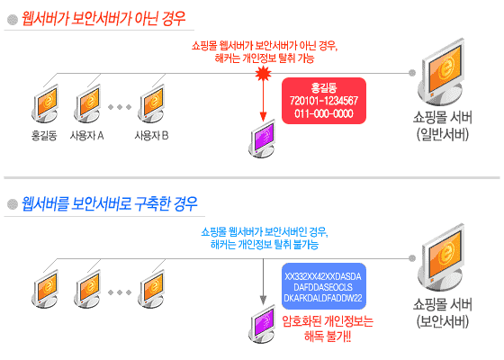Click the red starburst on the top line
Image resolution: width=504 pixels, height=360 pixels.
click(x=263, y=74)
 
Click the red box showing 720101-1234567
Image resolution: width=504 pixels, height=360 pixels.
click(x=324, y=101)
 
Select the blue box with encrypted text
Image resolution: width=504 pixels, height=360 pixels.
click(x=324, y=286)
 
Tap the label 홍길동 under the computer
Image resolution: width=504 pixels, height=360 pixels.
click(x=44, y=135)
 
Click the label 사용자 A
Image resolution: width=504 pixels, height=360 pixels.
click(x=86, y=135)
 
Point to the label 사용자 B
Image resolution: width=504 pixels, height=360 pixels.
click(x=151, y=135)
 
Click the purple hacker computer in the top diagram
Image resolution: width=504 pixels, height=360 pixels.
click(x=262, y=139)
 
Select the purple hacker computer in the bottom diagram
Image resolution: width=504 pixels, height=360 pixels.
click(x=262, y=324)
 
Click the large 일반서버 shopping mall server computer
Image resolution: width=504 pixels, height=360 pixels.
click(x=441, y=72)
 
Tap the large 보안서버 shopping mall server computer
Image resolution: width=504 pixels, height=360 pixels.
click(x=441, y=257)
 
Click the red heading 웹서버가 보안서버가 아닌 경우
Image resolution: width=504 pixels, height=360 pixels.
click(x=103, y=18)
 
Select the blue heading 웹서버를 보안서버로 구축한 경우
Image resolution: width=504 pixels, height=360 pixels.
click(x=109, y=203)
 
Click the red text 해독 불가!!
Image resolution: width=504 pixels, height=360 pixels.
click(x=328, y=337)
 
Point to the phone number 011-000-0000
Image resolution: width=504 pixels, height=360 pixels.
click(x=324, y=113)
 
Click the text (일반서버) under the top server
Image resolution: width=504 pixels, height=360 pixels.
click(x=443, y=134)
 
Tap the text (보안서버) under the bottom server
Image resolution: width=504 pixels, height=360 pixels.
click(x=443, y=320)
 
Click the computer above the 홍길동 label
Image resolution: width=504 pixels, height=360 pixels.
click(x=45, y=103)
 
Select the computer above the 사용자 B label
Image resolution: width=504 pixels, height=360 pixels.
click(x=151, y=103)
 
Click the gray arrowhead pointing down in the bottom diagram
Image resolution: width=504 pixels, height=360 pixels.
click(x=263, y=301)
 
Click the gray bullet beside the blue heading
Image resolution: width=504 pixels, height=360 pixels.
click(x=13, y=204)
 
